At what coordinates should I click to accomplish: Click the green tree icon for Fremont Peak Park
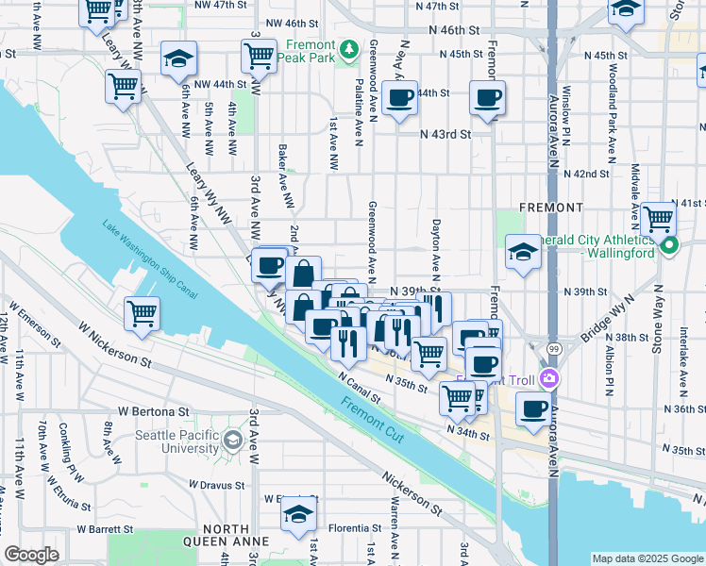tap(350, 48)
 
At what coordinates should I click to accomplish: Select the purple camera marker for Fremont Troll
tap(550, 379)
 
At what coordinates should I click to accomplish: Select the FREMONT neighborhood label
tap(551, 207)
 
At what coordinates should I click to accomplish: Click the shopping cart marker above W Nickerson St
tap(142, 312)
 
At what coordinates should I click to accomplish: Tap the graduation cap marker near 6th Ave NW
tap(177, 58)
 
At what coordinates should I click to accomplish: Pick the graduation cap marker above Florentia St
tap(298, 515)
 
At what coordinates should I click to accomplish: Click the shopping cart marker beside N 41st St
tap(658, 218)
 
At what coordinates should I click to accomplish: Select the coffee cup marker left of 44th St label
tap(399, 97)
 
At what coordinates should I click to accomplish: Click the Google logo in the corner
tap(31, 555)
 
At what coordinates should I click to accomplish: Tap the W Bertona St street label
tap(154, 412)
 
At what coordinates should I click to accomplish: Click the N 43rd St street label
tap(445, 134)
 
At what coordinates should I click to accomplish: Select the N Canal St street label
tap(358, 385)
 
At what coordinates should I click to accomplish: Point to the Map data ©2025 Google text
tap(647, 558)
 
